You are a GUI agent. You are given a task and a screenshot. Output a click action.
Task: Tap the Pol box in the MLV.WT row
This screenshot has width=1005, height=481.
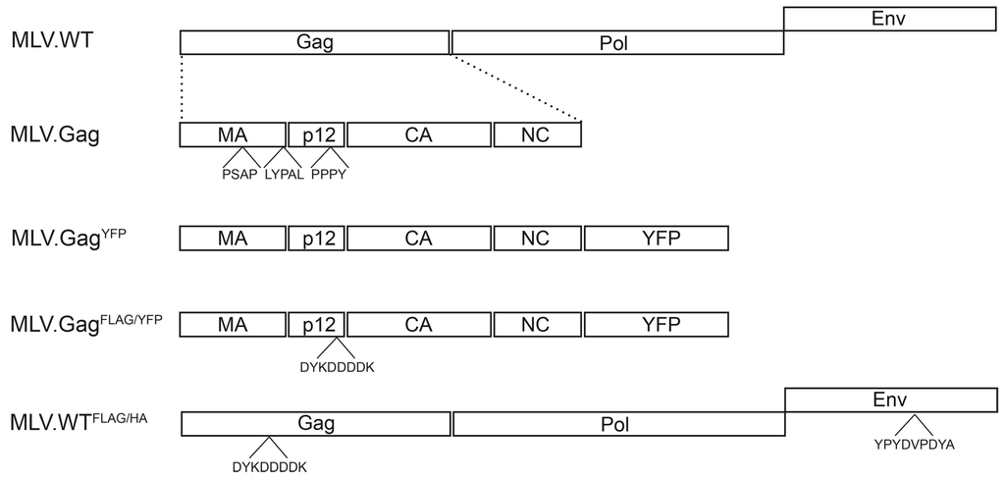click(617, 42)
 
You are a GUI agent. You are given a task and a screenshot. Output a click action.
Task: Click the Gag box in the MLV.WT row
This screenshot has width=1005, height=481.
click(314, 42)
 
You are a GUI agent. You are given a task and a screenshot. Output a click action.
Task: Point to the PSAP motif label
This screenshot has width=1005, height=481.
click(240, 175)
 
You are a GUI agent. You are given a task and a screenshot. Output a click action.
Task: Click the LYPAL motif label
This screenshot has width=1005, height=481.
click(284, 175)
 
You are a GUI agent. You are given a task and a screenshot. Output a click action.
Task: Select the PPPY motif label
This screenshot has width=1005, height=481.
click(329, 175)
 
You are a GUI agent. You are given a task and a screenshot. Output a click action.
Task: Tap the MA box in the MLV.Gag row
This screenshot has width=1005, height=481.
click(233, 134)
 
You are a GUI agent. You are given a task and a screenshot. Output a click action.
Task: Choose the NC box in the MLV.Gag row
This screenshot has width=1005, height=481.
click(537, 134)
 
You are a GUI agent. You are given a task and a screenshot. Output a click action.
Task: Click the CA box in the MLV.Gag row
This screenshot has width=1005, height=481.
click(419, 134)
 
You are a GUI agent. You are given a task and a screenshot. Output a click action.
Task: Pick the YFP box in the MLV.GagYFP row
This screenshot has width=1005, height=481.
click(655, 239)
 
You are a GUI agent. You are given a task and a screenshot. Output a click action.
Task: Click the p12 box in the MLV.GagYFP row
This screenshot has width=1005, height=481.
click(316, 239)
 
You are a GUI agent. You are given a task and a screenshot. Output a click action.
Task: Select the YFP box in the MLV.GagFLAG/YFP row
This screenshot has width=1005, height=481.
click(655, 325)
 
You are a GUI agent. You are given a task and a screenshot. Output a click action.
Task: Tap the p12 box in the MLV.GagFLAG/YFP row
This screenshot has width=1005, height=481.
click(316, 325)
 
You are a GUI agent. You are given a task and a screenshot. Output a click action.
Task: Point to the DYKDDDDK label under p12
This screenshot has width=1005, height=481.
click(336, 367)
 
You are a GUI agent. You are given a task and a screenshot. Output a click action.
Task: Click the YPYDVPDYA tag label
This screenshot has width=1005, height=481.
click(915, 443)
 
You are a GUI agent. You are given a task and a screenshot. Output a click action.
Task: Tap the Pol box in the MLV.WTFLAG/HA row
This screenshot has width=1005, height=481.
click(617, 424)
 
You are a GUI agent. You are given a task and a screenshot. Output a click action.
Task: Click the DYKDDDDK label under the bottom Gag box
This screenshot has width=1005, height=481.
click(268, 465)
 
